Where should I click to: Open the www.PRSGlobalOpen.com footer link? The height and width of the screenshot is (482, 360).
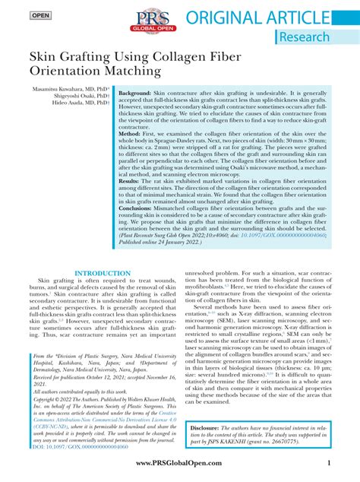178,463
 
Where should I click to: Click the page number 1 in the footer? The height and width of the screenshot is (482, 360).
328,463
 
